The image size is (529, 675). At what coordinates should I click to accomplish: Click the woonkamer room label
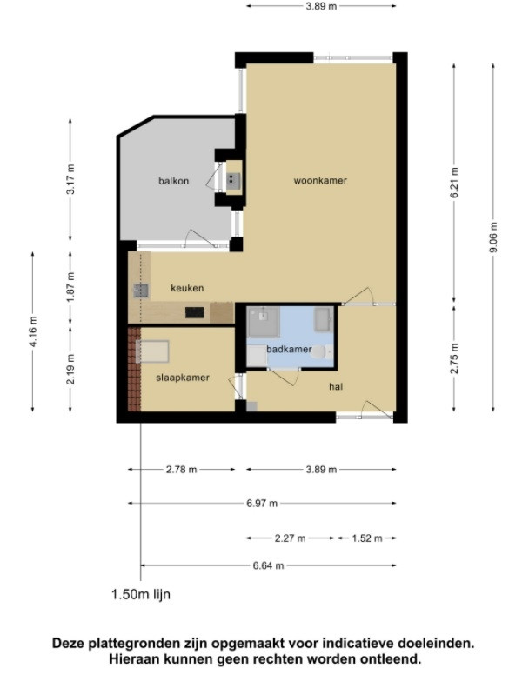click(320, 180)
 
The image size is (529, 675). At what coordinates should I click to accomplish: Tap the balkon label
click(173, 181)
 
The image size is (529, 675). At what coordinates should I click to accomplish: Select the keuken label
click(187, 288)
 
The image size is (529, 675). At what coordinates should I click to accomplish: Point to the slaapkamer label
click(183, 378)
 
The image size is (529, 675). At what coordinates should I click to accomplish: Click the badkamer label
click(289, 349)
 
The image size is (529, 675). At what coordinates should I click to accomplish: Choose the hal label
click(336, 386)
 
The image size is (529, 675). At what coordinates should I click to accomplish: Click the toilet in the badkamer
click(322, 352)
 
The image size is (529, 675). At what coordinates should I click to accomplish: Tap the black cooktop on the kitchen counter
click(195, 312)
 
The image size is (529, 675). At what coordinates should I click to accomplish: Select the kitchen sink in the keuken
click(141, 291)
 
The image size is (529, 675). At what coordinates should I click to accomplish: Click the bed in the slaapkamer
click(152, 351)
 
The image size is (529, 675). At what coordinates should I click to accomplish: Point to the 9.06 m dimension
click(493, 237)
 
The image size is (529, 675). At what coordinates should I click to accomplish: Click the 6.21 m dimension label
click(454, 183)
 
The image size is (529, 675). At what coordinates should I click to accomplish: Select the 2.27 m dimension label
click(290, 538)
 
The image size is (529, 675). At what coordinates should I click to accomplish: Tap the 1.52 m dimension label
click(367, 538)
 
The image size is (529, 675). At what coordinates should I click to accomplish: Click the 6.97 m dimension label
click(262, 504)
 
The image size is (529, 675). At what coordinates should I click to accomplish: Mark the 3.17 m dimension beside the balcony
click(70, 179)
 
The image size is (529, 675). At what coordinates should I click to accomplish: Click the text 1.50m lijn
click(141, 594)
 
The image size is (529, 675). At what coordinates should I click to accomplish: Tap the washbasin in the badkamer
click(324, 320)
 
